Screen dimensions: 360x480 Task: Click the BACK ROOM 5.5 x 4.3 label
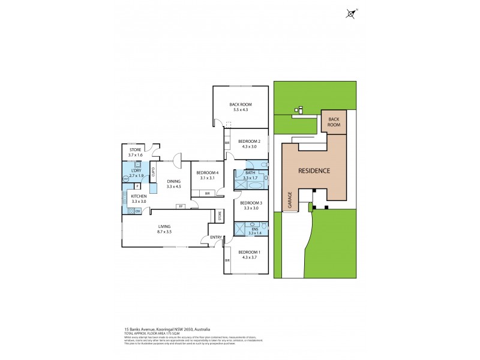tap(238, 107)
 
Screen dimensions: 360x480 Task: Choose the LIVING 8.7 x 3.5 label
tap(160, 229)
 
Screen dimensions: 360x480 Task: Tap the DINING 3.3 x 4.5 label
tap(174, 184)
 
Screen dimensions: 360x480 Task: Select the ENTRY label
tap(215, 238)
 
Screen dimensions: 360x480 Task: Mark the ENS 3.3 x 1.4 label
tap(254, 232)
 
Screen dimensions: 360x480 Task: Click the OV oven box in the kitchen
tap(137, 211)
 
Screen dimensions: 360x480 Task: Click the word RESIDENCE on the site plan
tap(314, 170)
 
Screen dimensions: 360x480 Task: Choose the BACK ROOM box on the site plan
tap(334, 122)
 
